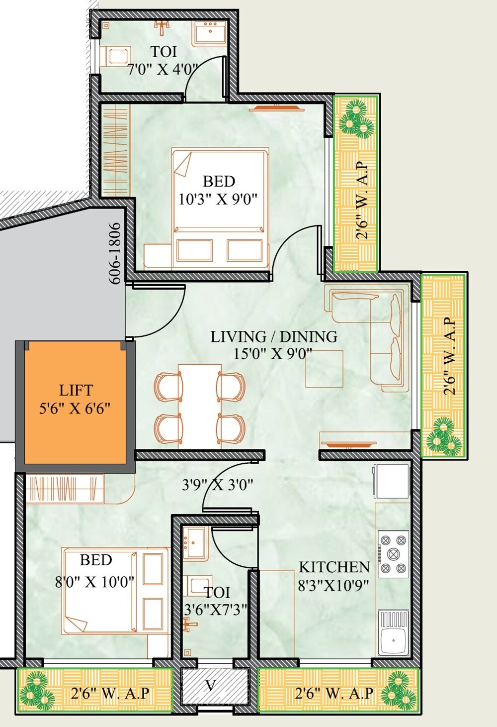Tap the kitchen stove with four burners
coord(393,554)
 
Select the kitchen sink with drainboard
coord(393,632)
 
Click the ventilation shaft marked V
coord(214,686)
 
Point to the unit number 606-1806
coord(115,253)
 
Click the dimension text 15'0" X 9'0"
coord(273,354)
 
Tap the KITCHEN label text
coord(334,567)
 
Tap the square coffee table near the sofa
coord(324,369)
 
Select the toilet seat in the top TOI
coord(115,56)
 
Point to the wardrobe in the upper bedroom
coord(115,149)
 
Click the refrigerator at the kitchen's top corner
coord(391,481)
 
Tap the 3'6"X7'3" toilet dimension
coord(215,609)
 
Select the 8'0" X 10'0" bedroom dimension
coord(94,581)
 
